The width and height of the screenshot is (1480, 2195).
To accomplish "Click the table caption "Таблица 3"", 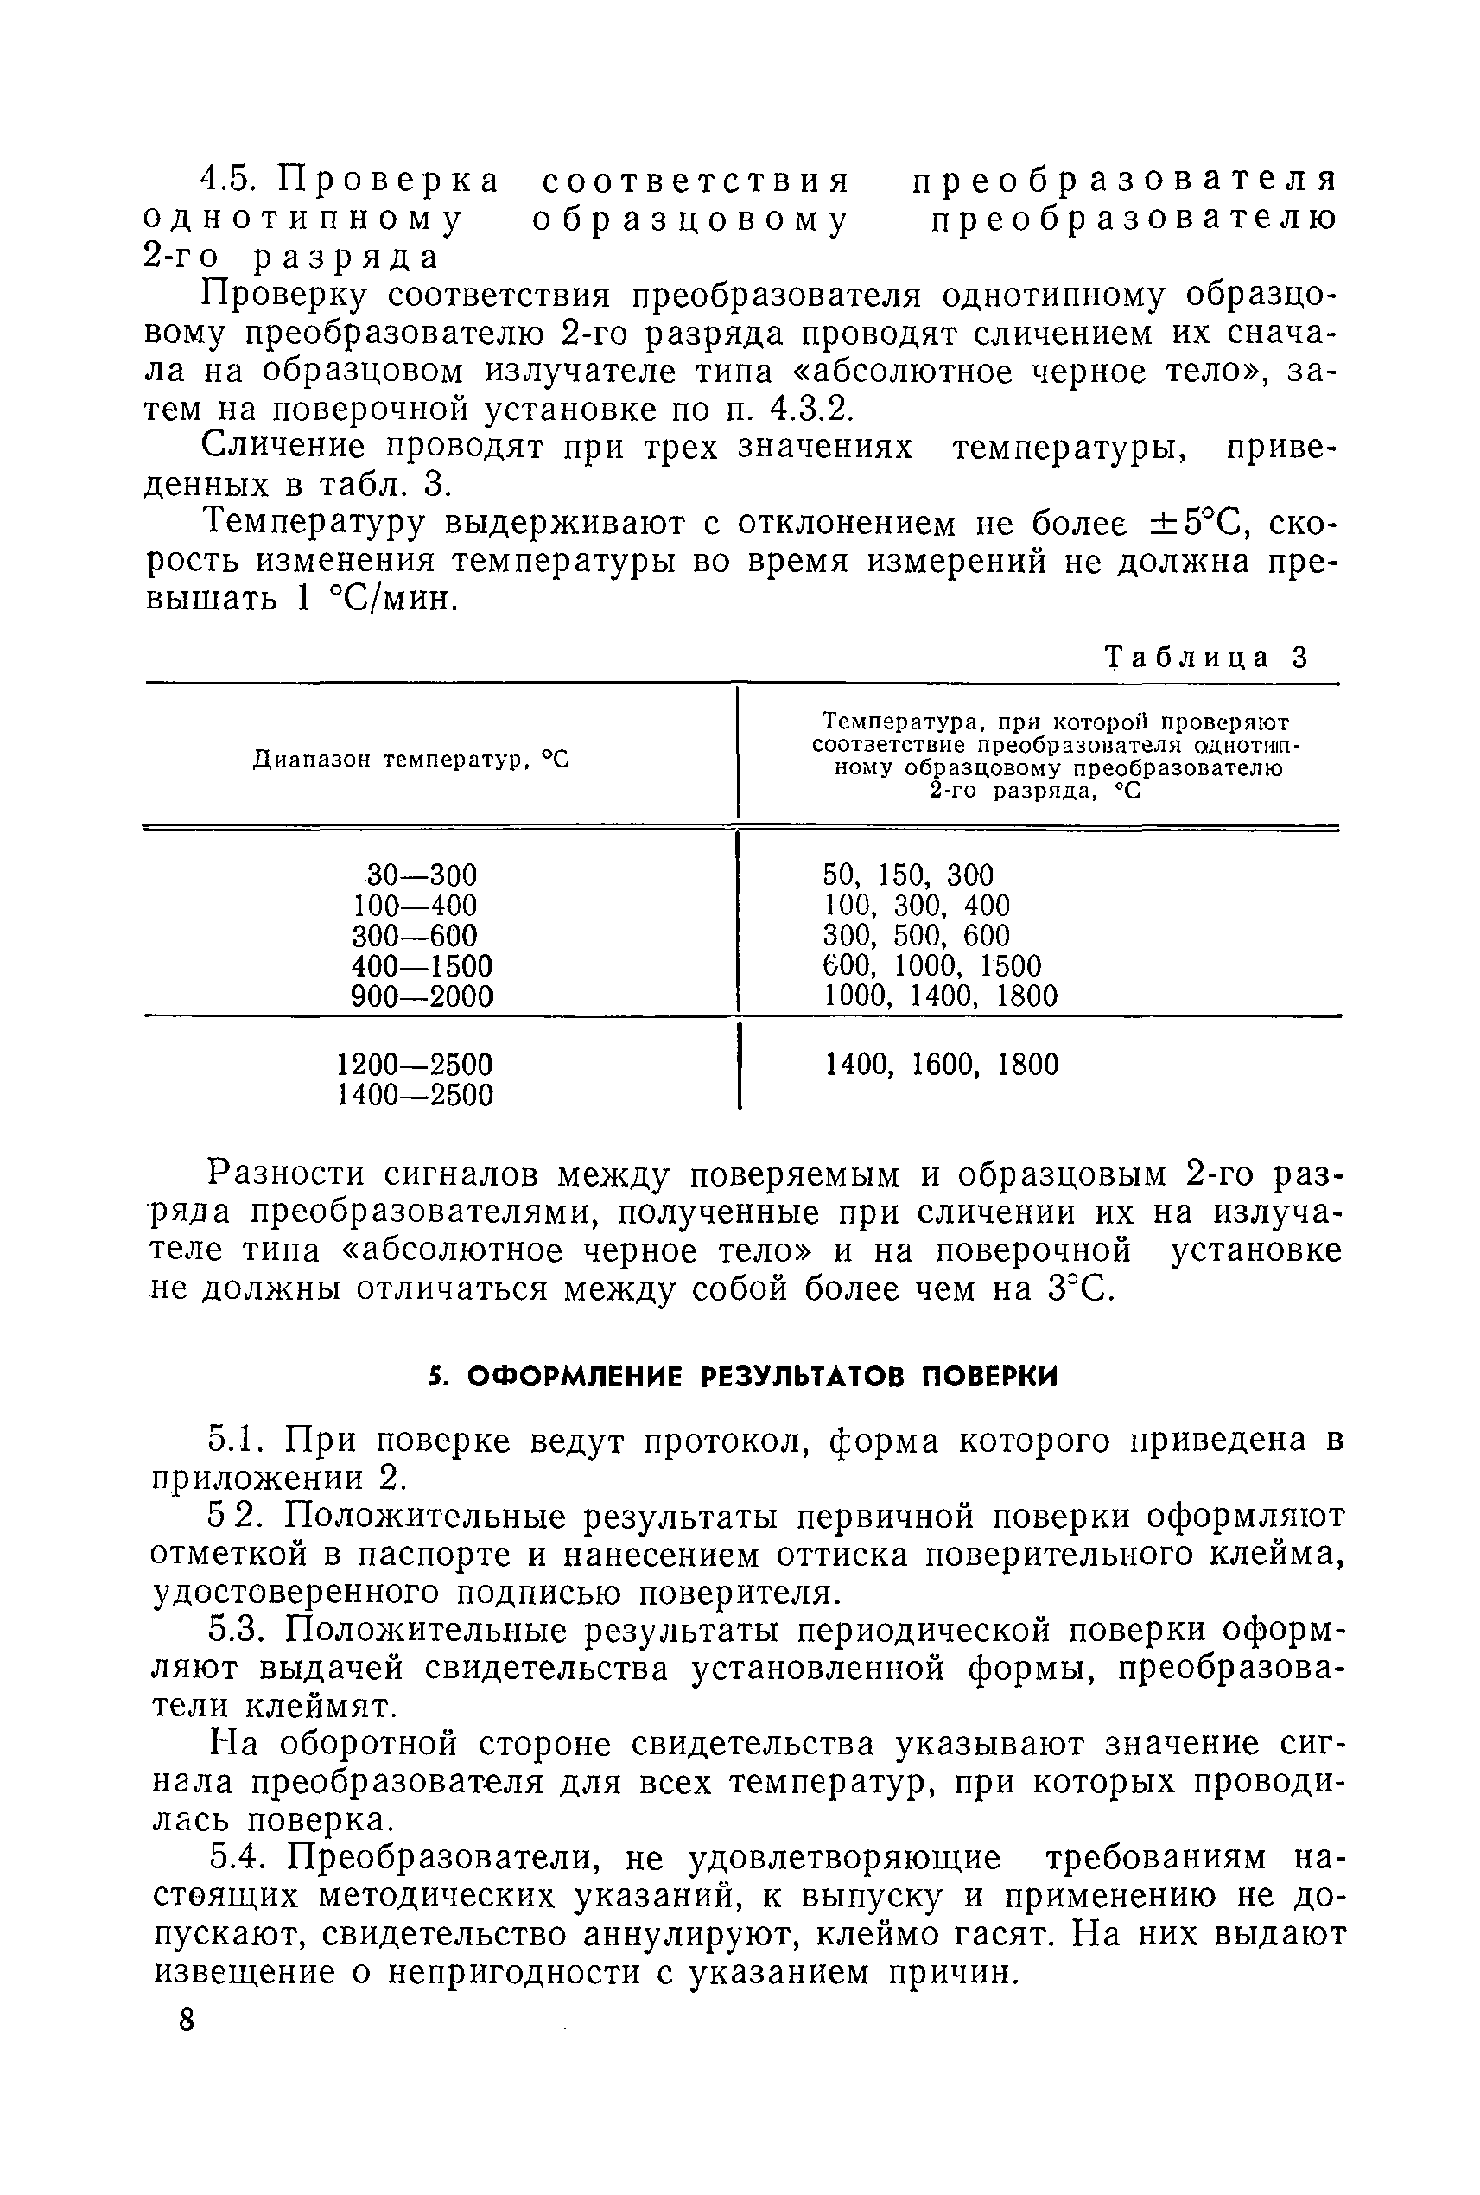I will point(1207,657).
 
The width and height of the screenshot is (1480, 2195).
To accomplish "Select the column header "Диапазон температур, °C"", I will point(411,758).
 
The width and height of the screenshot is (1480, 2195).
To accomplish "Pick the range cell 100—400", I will point(415,906).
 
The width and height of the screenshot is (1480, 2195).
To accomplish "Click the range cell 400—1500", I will point(422,966).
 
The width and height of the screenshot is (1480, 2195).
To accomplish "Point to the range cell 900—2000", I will point(422,996).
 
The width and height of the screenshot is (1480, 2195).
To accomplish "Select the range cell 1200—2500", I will point(415,1065).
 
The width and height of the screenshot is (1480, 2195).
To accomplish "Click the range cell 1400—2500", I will point(415,1095).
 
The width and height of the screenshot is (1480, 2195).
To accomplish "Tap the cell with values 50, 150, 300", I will point(908,875).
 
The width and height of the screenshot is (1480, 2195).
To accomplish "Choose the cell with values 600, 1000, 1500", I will point(931,966).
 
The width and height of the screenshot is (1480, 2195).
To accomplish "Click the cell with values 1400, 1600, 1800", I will point(941,1065).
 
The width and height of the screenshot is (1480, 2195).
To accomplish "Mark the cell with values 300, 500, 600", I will point(916,936).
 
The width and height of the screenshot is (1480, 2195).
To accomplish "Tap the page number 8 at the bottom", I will point(186,2020).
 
